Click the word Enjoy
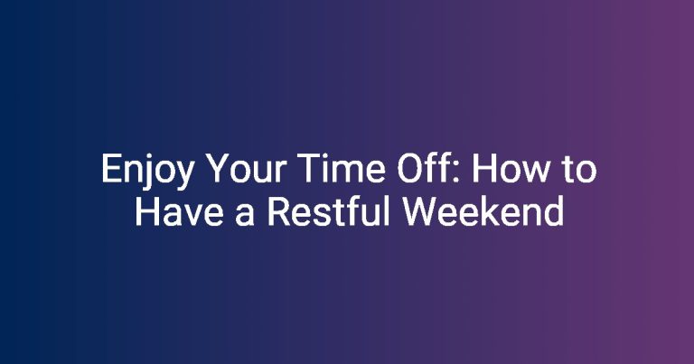[x=147, y=170]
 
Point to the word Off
[x=427, y=168]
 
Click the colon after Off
[x=461, y=173]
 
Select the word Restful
[x=328, y=211]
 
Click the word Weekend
[x=483, y=211]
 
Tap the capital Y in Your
[x=220, y=168]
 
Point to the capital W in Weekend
[x=419, y=212]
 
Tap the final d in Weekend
[x=554, y=211]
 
